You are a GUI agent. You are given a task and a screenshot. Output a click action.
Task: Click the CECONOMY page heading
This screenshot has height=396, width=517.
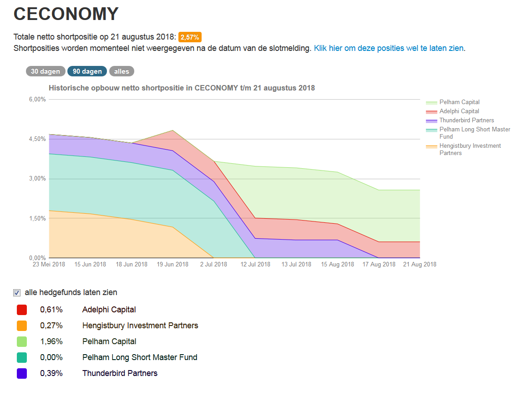tap(66, 14)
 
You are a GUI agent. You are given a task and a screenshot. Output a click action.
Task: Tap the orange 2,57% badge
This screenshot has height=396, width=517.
tap(190, 37)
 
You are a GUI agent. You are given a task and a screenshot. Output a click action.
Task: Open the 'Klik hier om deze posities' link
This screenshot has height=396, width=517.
tap(389, 48)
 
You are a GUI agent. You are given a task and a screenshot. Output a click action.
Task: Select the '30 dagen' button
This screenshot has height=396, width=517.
tap(46, 71)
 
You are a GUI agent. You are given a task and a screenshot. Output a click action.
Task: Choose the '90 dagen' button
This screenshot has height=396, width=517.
tap(87, 71)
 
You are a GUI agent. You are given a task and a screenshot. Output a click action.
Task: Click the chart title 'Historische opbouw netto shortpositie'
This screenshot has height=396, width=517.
tap(182, 88)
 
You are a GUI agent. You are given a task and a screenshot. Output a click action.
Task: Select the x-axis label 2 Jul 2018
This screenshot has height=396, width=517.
tap(213, 265)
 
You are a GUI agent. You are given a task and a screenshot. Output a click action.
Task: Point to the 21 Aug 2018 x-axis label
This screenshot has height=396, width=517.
tap(419, 265)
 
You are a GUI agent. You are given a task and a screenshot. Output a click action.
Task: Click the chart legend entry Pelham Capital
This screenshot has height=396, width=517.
tap(459, 102)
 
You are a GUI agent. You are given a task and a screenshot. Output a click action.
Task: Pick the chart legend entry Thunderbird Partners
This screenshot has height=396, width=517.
tap(466, 120)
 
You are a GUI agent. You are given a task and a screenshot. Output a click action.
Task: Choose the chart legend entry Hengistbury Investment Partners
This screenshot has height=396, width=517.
tap(470, 149)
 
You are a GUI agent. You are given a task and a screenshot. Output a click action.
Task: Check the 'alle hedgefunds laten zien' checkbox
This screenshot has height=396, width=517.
tap(17, 293)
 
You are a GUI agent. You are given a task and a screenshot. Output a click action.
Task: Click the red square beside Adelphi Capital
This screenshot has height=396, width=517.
tap(22, 310)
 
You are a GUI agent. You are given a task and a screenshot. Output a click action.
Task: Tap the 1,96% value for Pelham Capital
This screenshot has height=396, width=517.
tap(51, 341)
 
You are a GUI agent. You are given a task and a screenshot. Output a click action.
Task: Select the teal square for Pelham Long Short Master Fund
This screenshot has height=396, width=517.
tap(22, 357)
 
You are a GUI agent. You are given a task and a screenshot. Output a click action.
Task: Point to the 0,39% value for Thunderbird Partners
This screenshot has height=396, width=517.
tap(51, 373)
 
